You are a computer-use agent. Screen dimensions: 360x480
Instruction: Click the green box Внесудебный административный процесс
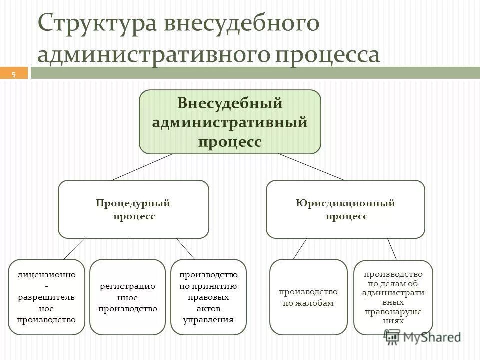(x=230, y=122)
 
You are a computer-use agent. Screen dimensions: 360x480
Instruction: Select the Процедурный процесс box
(x=133, y=209)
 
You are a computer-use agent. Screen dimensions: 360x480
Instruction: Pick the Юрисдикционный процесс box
(x=345, y=209)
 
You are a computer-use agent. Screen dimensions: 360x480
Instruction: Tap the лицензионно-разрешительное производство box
(x=46, y=297)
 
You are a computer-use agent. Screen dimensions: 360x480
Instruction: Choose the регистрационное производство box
(x=127, y=297)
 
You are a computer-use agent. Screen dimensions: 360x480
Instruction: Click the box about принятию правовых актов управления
(x=208, y=297)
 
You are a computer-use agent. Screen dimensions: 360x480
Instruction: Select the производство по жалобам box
(x=308, y=297)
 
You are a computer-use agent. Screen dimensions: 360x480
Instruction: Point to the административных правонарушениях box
(x=393, y=297)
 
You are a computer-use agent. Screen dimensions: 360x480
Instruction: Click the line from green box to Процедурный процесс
(x=142, y=167)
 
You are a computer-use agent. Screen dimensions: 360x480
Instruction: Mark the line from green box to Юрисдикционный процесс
(x=311, y=167)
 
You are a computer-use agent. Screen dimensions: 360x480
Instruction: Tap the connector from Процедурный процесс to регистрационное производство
(x=128, y=248)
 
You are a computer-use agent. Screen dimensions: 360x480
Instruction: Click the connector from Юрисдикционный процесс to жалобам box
(x=300, y=248)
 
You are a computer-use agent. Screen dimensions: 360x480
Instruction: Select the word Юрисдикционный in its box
(x=345, y=203)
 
